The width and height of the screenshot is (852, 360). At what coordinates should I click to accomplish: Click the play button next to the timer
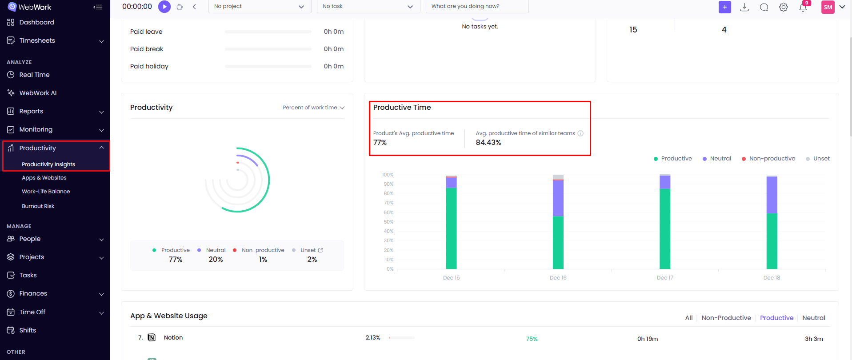click(164, 7)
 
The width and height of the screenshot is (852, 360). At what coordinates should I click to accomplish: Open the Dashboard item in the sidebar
click(36, 22)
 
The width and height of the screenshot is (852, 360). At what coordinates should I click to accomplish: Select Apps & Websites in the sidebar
click(44, 178)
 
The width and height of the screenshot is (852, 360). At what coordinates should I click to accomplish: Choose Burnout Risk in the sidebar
click(38, 206)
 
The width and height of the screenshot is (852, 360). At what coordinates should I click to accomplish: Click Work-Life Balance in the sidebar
click(46, 192)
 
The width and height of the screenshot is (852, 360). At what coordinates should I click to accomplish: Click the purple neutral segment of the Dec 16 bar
click(558, 198)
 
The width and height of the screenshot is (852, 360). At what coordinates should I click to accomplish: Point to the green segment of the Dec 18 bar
click(772, 241)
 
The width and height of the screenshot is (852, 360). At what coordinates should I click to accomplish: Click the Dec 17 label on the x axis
click(665, 278)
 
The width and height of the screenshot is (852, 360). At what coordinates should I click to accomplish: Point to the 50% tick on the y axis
click(388, 222)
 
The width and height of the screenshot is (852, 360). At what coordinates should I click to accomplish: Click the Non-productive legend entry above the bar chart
click(772, 159)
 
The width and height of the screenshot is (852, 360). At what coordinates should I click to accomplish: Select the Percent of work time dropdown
click(313, 108)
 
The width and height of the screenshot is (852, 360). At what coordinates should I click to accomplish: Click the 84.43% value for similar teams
click(488, 143)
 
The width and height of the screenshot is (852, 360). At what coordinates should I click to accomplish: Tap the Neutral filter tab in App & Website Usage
click(813, 318)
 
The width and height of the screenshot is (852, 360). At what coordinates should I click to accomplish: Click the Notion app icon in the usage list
click(152, 338)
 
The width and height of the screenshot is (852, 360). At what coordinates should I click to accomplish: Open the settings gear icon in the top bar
click(783, 7)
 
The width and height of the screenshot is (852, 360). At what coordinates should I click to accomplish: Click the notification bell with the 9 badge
click(803, 7)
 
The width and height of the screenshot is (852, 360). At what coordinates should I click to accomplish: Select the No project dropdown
click(259, 7)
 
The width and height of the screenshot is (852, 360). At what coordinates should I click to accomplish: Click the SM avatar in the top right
click(828, 7)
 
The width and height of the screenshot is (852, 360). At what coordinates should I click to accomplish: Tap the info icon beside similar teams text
click(580, 133)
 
